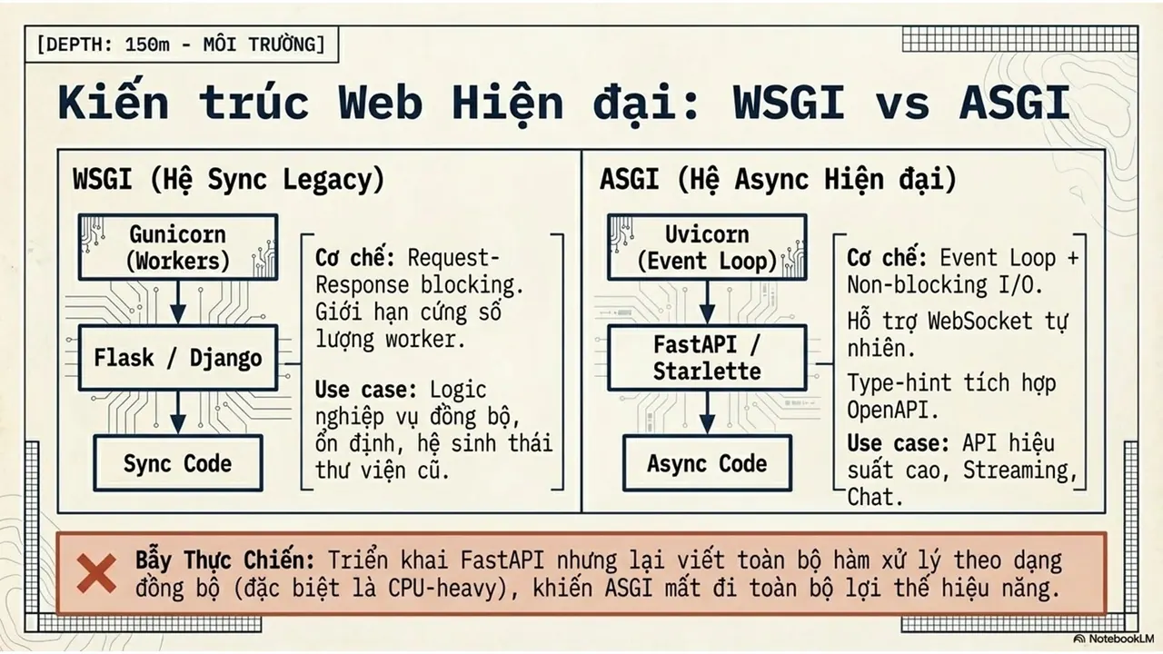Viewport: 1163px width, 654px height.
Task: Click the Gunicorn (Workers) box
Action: (178, 247)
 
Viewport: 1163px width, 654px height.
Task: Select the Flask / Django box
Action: (178, 358)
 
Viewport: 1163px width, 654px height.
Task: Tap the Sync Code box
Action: (178, 463)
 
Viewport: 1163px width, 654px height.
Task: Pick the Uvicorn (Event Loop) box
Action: (707, 247)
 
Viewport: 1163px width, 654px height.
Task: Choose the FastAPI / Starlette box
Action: (707, 358)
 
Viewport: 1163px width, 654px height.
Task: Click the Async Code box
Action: (707, 463)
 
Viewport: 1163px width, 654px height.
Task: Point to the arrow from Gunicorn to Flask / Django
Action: (178, 302)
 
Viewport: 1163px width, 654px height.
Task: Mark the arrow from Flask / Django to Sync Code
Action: (178, 412)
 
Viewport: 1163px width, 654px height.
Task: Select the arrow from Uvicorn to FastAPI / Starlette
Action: (707, 302)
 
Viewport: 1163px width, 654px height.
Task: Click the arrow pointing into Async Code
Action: (707, 412)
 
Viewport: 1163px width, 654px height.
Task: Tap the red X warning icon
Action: (96, 573)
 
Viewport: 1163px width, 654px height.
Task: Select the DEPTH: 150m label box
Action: (182, 45)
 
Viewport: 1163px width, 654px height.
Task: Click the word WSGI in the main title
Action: (789, 103)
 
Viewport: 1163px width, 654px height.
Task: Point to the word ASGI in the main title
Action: (1015, 103)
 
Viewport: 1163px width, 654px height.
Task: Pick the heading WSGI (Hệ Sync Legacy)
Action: (229, 180)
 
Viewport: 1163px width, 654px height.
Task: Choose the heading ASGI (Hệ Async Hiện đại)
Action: (779, 180)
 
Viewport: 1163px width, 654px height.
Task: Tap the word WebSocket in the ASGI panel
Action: (980, 322)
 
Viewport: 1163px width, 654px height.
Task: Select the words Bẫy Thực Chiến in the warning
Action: (225, 560)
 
